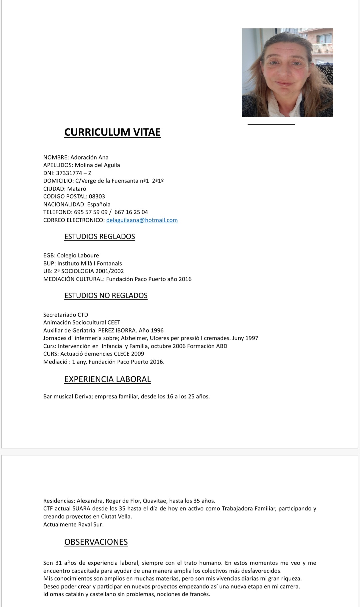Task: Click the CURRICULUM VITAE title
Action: (x=112, y=132)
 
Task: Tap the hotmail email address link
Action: (x=142, y=220)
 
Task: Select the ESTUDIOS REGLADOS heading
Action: (x=99, y=237)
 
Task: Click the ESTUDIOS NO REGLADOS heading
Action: (x=106, y=296)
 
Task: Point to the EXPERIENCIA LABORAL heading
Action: (x=107, y=379)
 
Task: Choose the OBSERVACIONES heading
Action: (x=96, y=542)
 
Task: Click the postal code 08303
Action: (x=97, y=196)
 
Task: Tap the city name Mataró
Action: (x=77, y=189)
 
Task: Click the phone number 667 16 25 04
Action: (x=131, y=212)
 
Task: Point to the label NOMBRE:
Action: (x=56, y=157)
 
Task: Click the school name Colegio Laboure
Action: (x=78, y=255)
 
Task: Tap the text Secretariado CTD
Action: (x=66, y=315)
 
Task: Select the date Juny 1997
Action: (x=245, y=338)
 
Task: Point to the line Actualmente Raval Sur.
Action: (x=73, y=524)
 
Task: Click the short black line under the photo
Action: (x=271, y=124)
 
